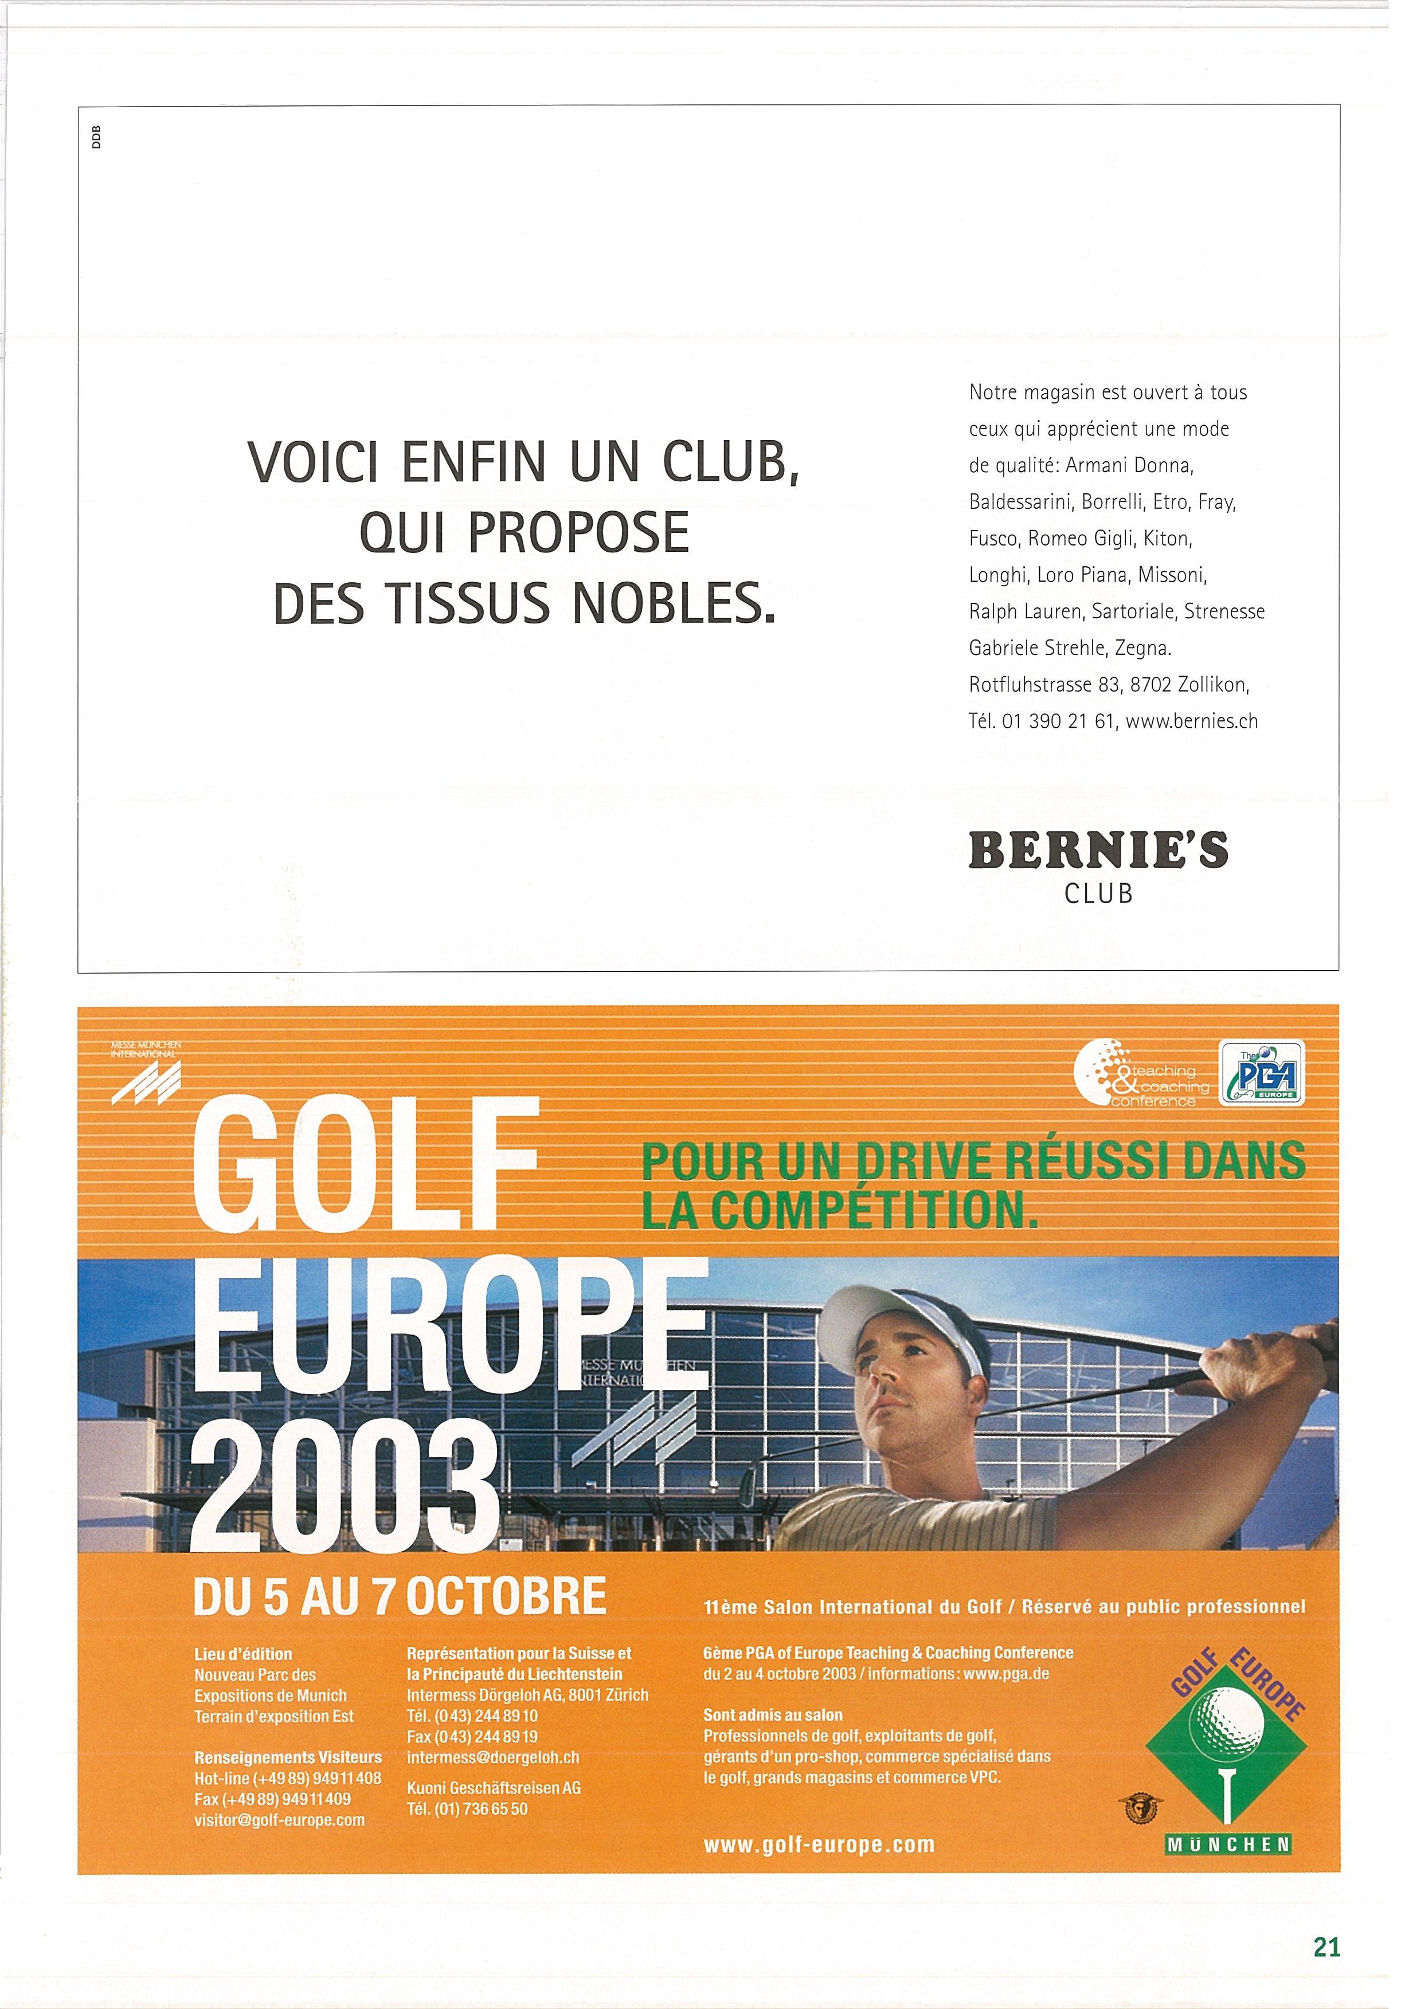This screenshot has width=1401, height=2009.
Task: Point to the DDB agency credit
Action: pos(96,138)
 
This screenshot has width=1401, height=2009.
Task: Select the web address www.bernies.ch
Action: pos(1192,721)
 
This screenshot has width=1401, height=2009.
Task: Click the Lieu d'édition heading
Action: pos(243,1654)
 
